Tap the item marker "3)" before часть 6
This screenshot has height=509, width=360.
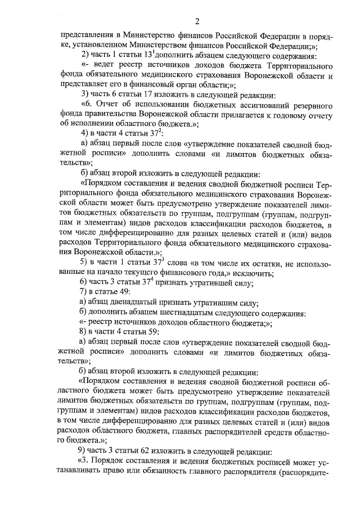tap(85, 93)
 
